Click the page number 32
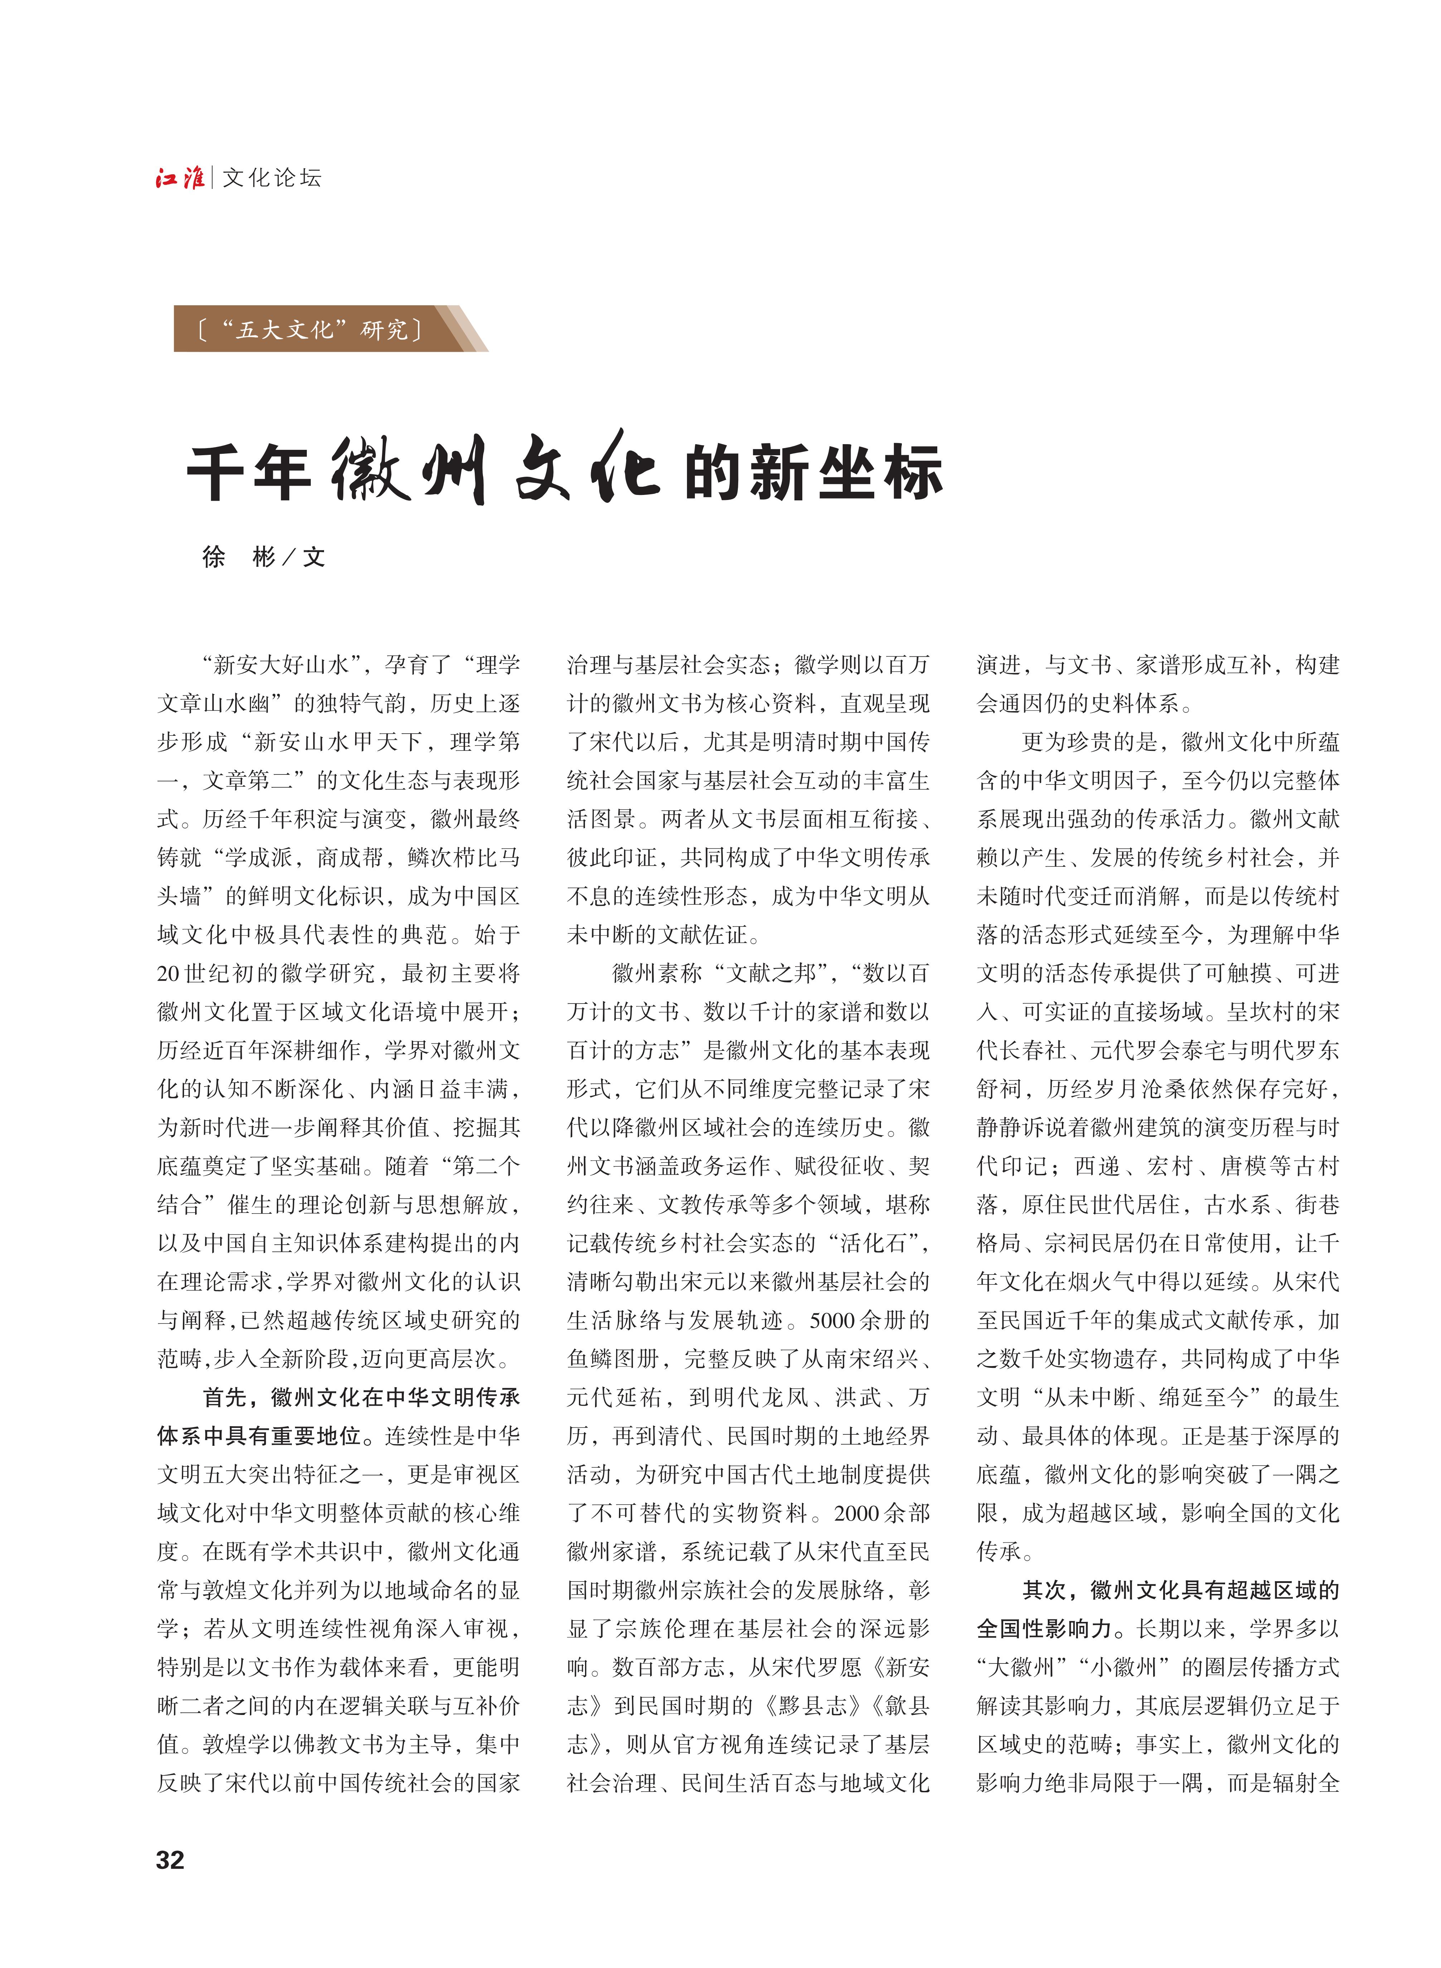tap(170, 1860)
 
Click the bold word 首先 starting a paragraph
tap(225, 1397)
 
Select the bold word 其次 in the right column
tap(1044, 1590)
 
